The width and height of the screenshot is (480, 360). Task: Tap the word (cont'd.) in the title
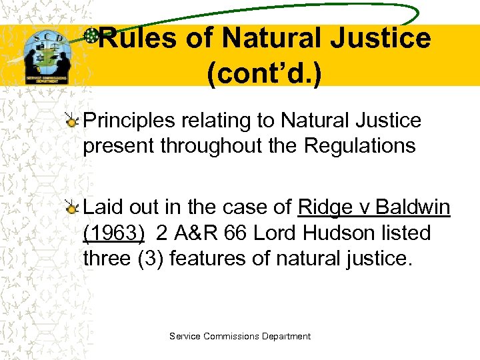tap(264, 75)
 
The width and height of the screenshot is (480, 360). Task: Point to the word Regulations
tap(359, 145)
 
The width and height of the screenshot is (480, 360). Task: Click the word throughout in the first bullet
tap(203, 145)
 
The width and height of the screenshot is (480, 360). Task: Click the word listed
tap(407, 233)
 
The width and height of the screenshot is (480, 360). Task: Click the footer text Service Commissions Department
tap(240, 337)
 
